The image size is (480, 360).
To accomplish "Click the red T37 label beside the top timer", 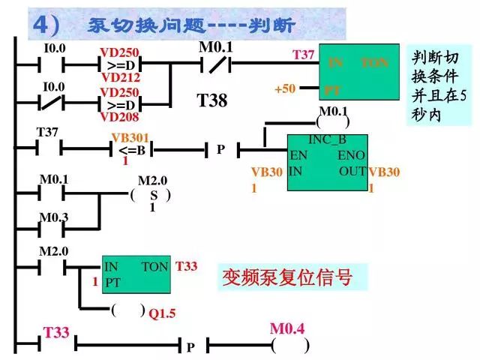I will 303,55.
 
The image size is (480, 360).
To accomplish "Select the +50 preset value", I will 285,89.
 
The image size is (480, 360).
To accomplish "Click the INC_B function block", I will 327,163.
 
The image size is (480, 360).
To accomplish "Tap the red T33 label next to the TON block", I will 187,266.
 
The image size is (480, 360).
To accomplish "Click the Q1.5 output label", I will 161,313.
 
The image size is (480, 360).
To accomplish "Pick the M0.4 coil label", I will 289,328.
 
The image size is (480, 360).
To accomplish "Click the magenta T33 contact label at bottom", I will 55,331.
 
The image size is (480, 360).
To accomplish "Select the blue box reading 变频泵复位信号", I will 286,277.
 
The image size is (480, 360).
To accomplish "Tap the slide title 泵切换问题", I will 191,25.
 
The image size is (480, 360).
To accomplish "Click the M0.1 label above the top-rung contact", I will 216,47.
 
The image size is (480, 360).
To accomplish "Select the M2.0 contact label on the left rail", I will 53,250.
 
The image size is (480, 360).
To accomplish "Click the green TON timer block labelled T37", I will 358,72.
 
